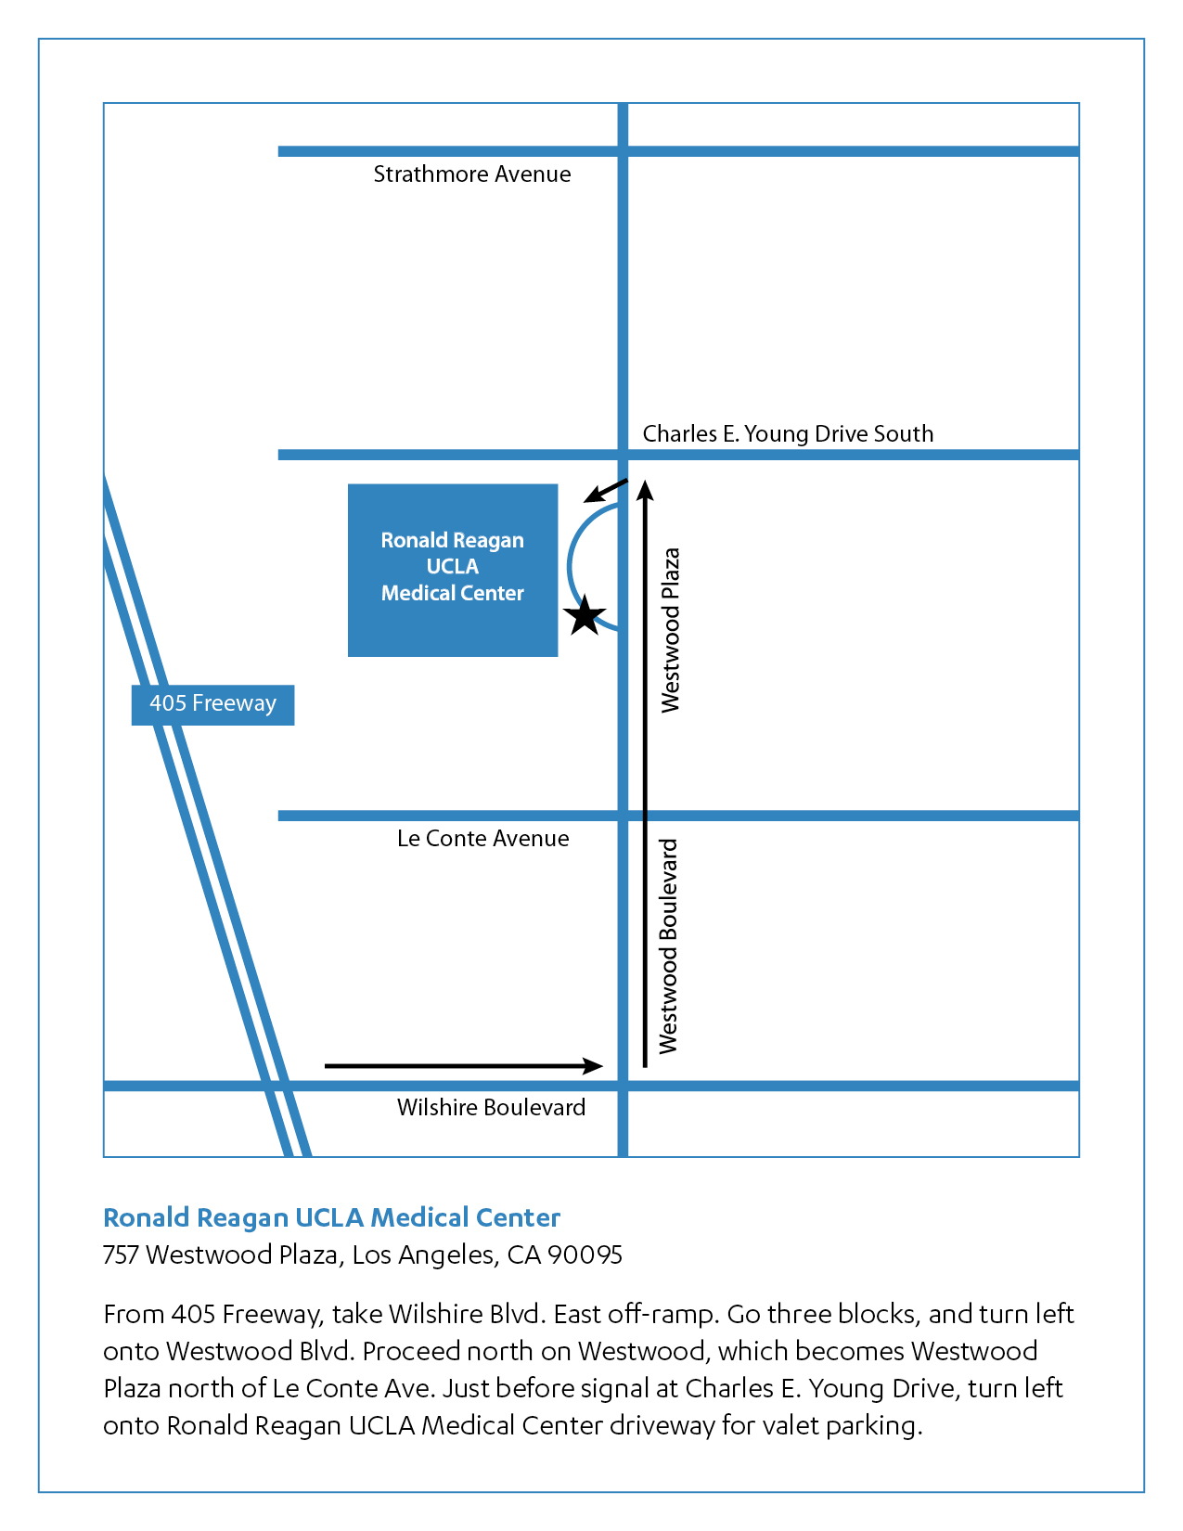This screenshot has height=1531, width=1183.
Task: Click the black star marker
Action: [585, 616]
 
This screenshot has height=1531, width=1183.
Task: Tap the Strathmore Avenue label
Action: [471, 174]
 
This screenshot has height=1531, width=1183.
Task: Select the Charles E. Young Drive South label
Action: [788, 433]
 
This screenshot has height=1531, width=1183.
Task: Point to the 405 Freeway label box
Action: [212, 704]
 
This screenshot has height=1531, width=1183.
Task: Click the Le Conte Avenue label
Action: [482, 839]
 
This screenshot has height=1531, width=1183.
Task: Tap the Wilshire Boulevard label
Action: [491, 1107]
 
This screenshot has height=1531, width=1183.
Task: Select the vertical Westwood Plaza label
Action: [670, 630]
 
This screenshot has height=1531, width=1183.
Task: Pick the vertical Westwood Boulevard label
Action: [668, 946]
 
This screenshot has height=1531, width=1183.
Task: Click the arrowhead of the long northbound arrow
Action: [646, 488]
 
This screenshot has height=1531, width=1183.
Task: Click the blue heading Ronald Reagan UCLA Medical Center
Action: [331, 1217]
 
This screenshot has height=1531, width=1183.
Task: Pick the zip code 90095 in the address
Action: [585, 1255]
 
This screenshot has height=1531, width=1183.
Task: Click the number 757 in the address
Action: [121, 1255]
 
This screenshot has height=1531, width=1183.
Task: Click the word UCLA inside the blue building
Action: [452, 567]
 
